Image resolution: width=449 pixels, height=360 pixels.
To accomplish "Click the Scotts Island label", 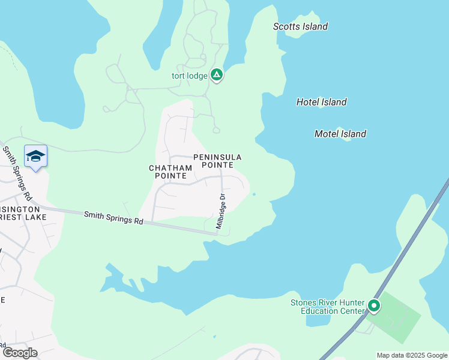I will pyautogui.click(x=300, y=26).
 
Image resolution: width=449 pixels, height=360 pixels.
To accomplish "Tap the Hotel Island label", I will pyautogui.click(x=321, y=102).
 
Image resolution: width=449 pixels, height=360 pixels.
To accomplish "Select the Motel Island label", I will pyautogui.click(x=340, y=134).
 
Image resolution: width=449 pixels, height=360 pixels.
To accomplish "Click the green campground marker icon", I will pyautogui.click(x=217, y=75).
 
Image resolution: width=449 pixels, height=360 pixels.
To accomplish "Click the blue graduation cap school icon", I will pyautogui.click(x=35, y=156).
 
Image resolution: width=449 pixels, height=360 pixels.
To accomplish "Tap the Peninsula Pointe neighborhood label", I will pyautogui.click(x=217, y=161).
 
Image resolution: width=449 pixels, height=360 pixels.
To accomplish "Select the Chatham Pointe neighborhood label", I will pyautogui.click(x=168, y=172).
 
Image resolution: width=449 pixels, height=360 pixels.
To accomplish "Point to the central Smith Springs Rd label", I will pyautogui.click(x=113, y=217).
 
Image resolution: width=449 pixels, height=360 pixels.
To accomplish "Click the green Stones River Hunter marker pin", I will pyautogui.click(x=373, y=307).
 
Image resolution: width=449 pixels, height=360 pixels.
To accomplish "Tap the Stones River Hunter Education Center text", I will pyautogui.click(x=327, y=307).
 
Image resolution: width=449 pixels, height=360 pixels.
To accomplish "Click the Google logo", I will pyautogui.click(x=19, y=352).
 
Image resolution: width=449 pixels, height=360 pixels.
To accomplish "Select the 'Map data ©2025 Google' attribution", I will pyautogui.click(x=411, y=355).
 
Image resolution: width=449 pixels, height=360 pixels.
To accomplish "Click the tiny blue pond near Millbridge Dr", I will pyautogui.click(x=254, y=194).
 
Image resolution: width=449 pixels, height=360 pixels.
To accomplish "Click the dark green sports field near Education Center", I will pyautogui.click(x=393, y=317).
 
